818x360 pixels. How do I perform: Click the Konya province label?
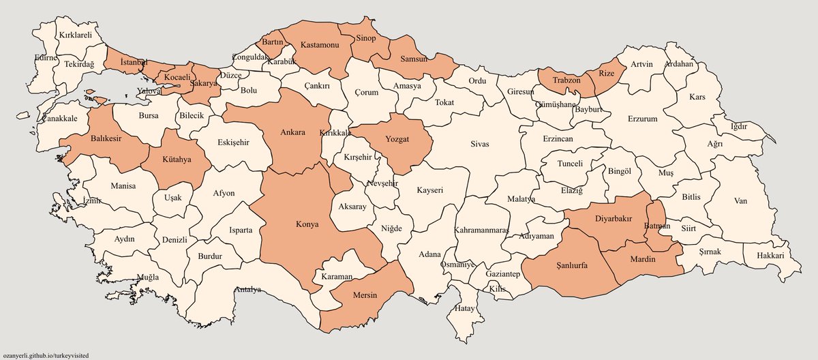(x=307, y=224)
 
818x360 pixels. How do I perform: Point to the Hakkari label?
(x=770, y=256)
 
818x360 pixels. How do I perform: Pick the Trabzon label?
(x=566, y=80)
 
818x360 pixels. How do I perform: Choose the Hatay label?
(x=465, y=309)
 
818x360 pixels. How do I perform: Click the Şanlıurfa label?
(x=571, y=265)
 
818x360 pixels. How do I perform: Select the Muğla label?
(x=148, y=277)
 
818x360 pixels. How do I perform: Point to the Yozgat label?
(x=397, y=138)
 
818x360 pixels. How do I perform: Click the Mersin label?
(x=365, y=297)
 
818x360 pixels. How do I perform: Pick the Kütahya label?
(x=177, y=162)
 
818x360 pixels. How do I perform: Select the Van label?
(x=741, y=201)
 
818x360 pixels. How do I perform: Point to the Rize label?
(x=606, y=73)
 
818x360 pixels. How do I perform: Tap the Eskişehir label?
(x=233, y=142)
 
